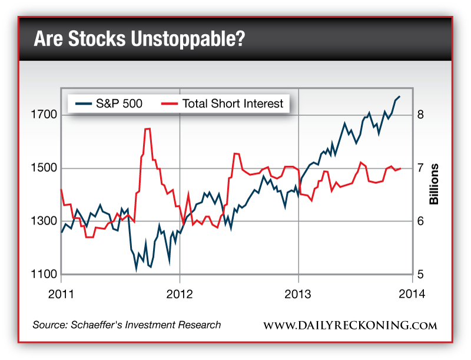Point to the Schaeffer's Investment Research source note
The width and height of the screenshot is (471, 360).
[127, 325]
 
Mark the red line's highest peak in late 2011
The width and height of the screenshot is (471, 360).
[147, 128]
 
